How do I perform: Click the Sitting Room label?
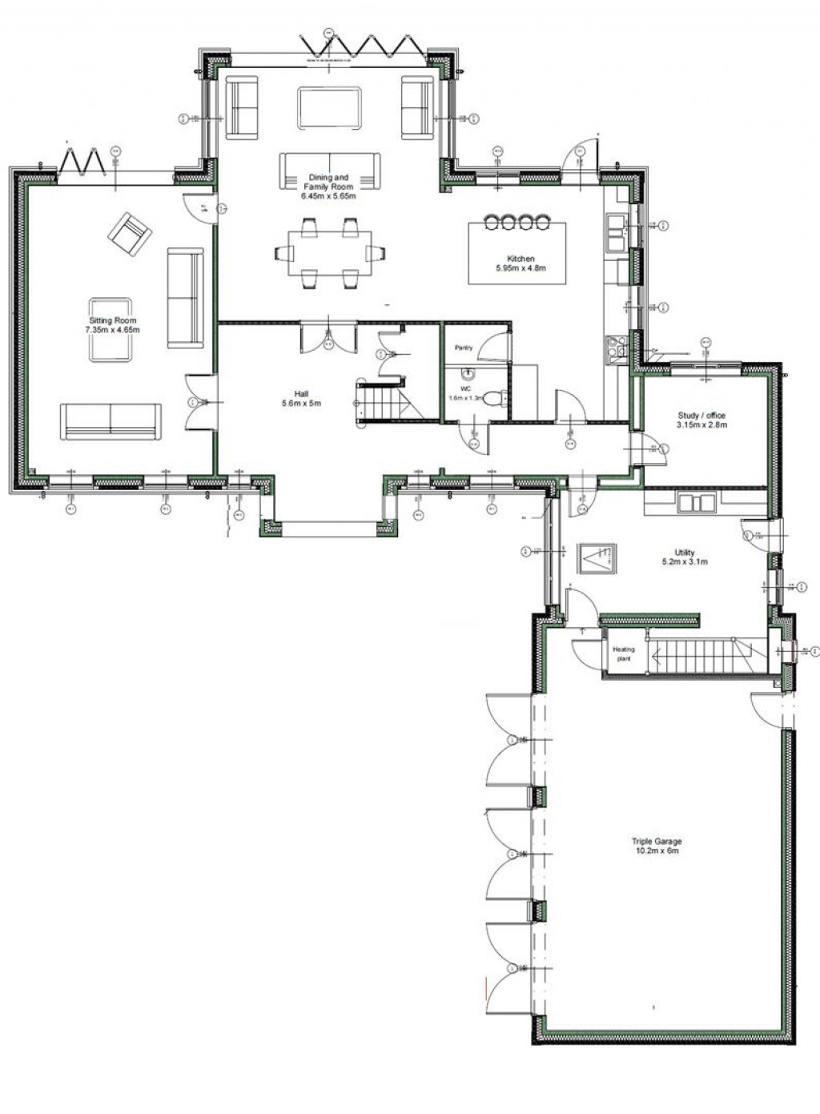pos(113,325)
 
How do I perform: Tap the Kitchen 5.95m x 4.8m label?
pos(520,263)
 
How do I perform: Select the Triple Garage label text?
pos(657,847)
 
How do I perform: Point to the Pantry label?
pos(464,348)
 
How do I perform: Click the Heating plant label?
pos(623,654)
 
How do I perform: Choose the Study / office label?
pos(701,420)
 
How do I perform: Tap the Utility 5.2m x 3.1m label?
pos(684,557)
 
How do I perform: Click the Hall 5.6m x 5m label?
pos(301,398)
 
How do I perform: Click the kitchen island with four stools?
pos(517,252)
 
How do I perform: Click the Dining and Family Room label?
pos(328,186)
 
